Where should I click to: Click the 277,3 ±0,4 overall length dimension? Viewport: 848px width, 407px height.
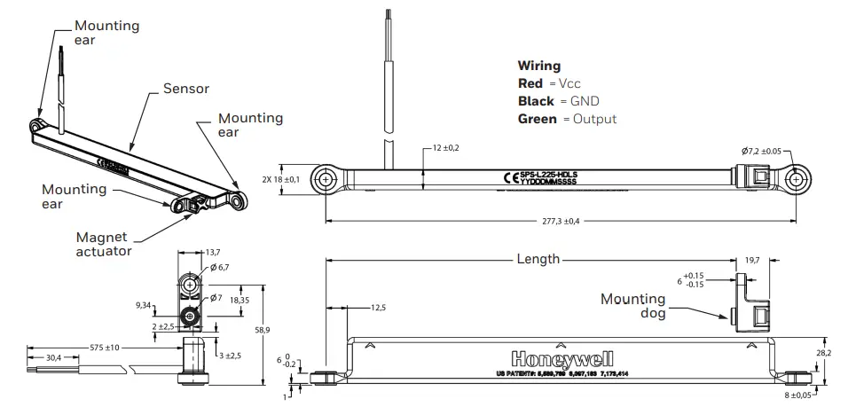(x=560, y=222)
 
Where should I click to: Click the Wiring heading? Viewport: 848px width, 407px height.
(x=538, y=66)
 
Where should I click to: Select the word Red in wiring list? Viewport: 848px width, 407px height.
(x=530, y=83)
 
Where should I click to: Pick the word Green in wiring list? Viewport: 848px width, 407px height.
(x=537, y=119)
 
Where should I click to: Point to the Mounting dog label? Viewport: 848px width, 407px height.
(x=632, y=306)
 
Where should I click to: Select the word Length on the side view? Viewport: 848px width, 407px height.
(x=538, y=260)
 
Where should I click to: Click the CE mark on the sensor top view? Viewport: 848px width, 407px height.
(x=510, y=177)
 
